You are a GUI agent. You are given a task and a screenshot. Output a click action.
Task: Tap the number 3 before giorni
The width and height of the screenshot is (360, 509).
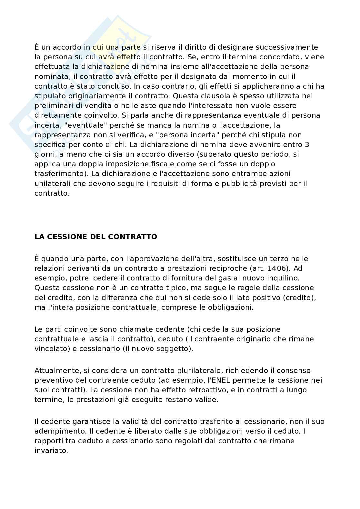307,144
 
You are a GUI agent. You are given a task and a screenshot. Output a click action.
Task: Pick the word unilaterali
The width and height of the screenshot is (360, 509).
52,183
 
